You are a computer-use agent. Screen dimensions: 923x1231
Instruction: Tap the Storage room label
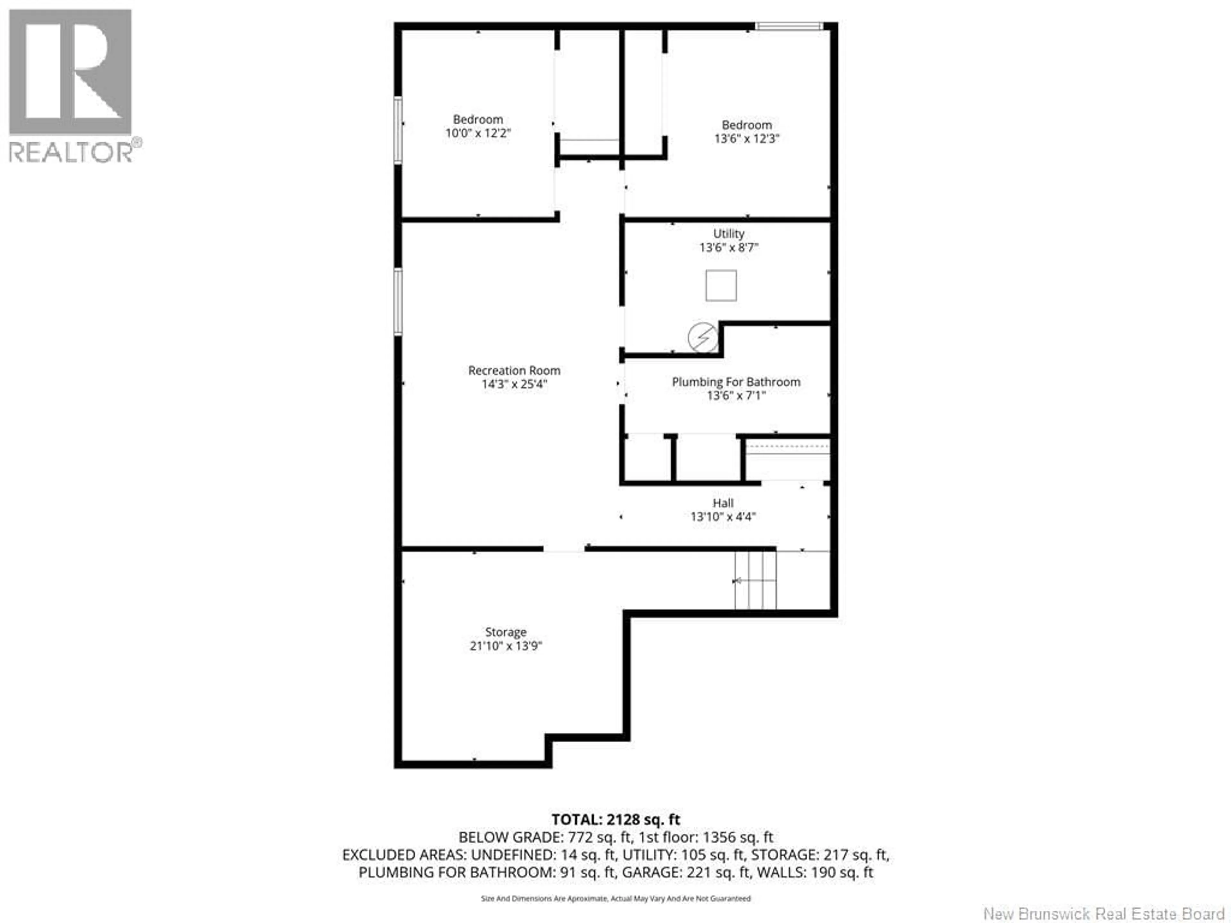pyautogui.click(x=505, y=632)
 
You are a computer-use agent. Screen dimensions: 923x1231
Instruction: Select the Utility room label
pyautogui.click(x=728, y=234)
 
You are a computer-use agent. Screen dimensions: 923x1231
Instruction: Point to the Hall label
pyautogui.click(x=723, y=503)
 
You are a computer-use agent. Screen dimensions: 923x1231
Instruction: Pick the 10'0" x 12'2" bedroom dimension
pyautogui.click(x=477, y=134)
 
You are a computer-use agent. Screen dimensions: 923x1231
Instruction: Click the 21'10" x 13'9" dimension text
pyautogui.click(x=505, y=646)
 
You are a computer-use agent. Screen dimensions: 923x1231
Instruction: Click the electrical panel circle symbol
pyautogui.click(x=703, y=337)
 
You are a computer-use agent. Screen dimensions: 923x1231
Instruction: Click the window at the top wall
pyautogui.click(x=789, y=26)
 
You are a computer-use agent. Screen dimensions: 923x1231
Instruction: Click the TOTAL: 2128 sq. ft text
pyautogui.click(x=615, y=819)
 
